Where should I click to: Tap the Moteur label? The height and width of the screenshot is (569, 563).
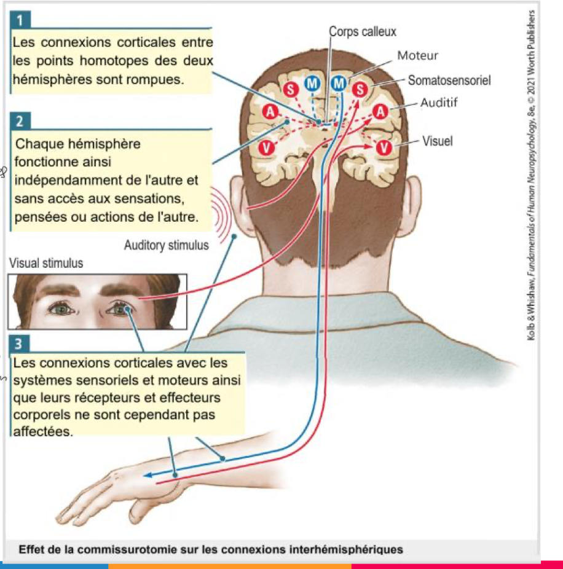point(417,56)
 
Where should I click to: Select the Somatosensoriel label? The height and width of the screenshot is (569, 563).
point(449,80)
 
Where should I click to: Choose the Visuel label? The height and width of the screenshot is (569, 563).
point(437,141)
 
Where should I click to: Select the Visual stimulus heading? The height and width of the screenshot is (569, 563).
point(46,264)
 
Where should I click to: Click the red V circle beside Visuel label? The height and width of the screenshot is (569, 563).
point(384,147)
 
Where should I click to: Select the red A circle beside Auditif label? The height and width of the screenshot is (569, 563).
point(381,111)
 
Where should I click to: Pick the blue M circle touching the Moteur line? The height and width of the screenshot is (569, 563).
point(338,82)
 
